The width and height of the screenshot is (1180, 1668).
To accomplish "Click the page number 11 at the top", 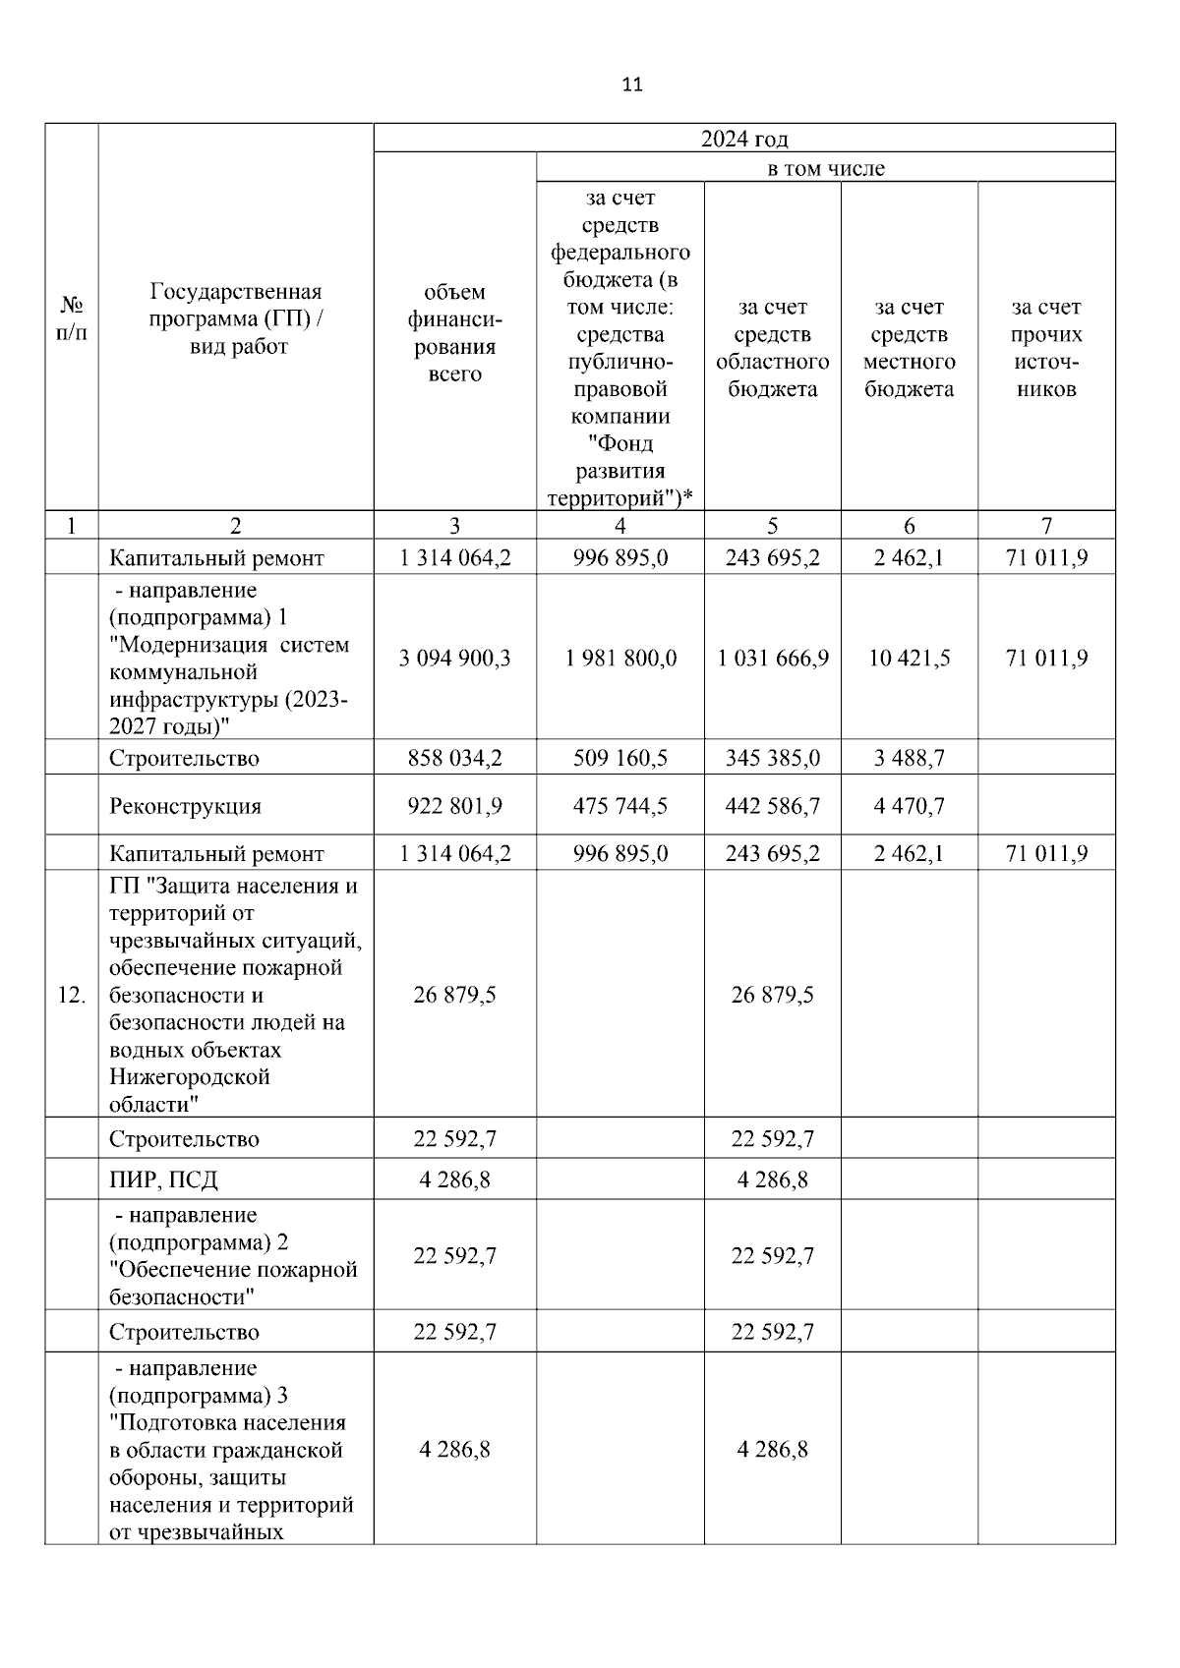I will (632, 85).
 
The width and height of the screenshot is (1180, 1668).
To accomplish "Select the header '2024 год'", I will (743, 139).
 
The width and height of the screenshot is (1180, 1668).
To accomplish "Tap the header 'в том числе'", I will (825, 168).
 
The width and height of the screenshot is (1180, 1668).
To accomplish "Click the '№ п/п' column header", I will (71, 318).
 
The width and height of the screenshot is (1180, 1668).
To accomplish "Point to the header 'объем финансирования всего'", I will (454, 332).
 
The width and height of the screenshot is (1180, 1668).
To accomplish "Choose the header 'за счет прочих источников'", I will (1045, 348).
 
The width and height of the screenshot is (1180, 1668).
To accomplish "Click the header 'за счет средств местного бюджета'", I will (909, 348).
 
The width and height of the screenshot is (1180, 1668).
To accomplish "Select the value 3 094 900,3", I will (454, 658).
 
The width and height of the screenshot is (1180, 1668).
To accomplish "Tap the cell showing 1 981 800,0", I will (620, 658).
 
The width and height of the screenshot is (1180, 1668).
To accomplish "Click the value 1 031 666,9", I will (773, 658).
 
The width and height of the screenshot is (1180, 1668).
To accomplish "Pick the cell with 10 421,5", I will (909, 658).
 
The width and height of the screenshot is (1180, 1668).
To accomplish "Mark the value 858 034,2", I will (454, 758).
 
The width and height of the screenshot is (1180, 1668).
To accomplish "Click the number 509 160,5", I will (620, 758).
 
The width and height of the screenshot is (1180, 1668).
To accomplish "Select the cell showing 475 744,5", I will (620, 806).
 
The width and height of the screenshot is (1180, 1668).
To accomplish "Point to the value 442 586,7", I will (773, 806).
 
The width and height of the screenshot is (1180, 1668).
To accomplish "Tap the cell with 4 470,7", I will (909, 806).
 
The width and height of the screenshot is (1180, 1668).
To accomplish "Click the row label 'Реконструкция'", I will (185, 806).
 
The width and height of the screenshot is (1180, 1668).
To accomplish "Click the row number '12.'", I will (71, 995).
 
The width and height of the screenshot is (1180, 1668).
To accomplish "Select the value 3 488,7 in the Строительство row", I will (909, 758).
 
